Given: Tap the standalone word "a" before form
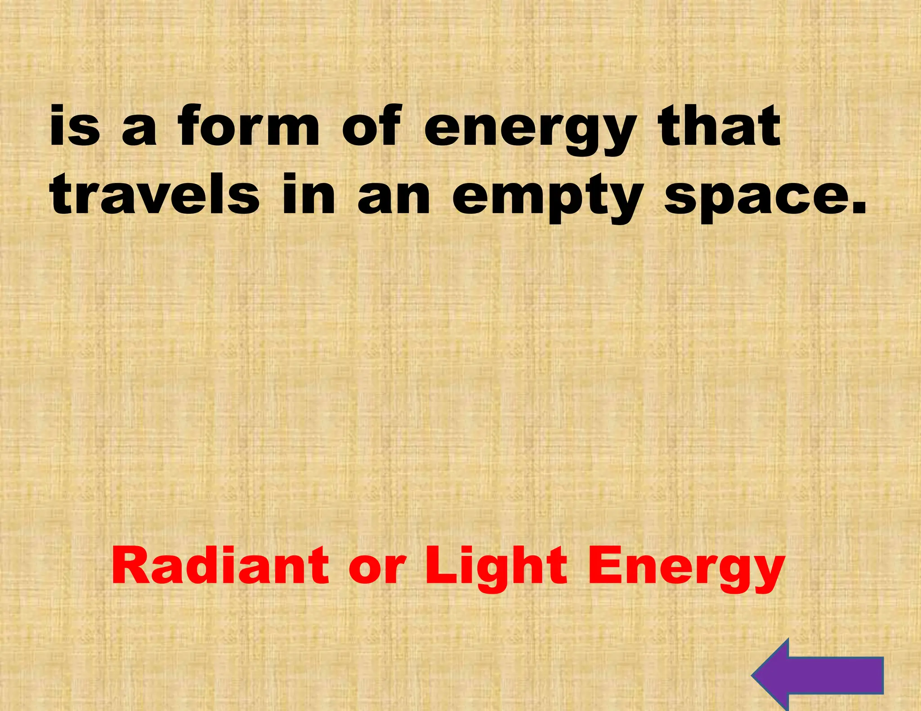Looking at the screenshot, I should click(139, 130).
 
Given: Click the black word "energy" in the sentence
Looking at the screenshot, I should click(530, 130).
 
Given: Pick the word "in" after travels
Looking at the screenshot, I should click(309, 195).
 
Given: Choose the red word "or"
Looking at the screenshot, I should click(377, 569).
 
